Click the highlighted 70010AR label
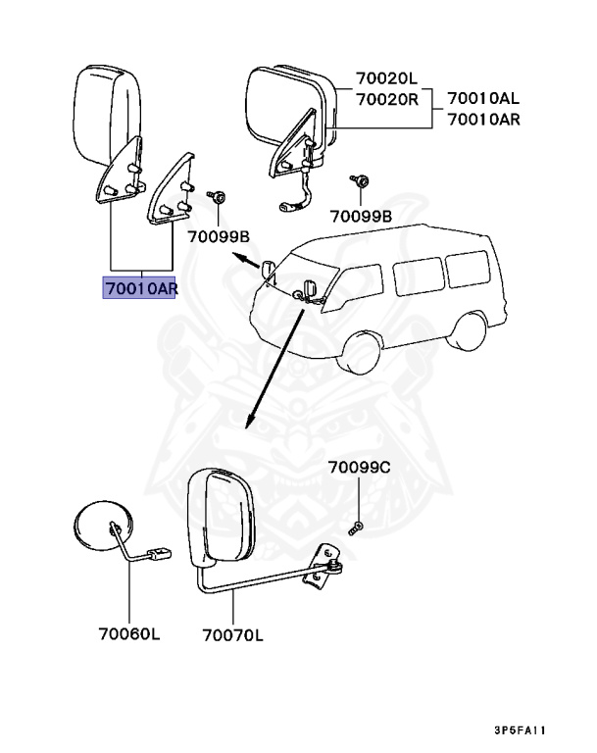tap(140, 288)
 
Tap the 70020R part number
tap(386, 99)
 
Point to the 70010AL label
tap(483, 99)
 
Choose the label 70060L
tap(129, 633)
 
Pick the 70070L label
tap(232, 635)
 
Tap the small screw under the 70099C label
tap(356, 527)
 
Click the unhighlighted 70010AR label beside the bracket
tap(483, 120)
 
